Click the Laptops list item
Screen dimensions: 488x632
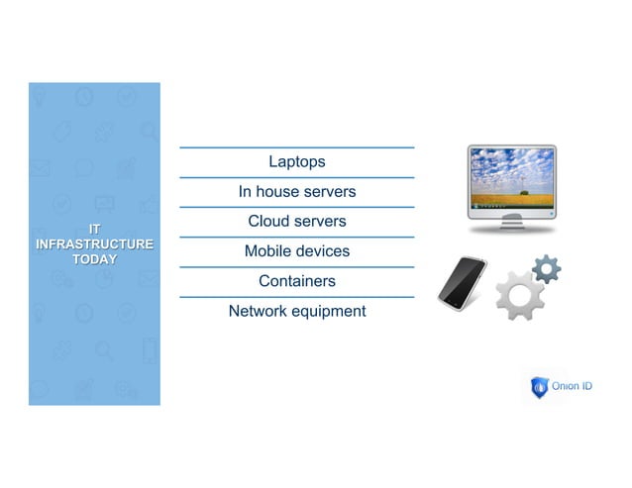tap(296, 162)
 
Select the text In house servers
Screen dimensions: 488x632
tap(296, 192)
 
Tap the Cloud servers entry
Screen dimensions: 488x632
tap(296, 222)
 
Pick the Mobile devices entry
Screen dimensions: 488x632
tap(296, 251)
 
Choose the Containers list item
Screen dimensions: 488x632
tap(296, 281)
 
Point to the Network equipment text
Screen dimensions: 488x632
tap(296, 312)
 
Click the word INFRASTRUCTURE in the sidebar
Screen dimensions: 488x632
tap(94, 244)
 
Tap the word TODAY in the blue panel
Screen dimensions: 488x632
tap(94, 259)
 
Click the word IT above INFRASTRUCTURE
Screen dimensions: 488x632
tap(94, 229)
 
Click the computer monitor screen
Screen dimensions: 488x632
tap(511, 177)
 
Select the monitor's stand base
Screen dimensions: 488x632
tap(511, 228)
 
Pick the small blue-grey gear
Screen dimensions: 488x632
tap(546, 267)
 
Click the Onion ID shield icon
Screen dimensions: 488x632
tap(539, 387)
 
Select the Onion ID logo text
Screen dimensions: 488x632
tap(574, 387)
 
